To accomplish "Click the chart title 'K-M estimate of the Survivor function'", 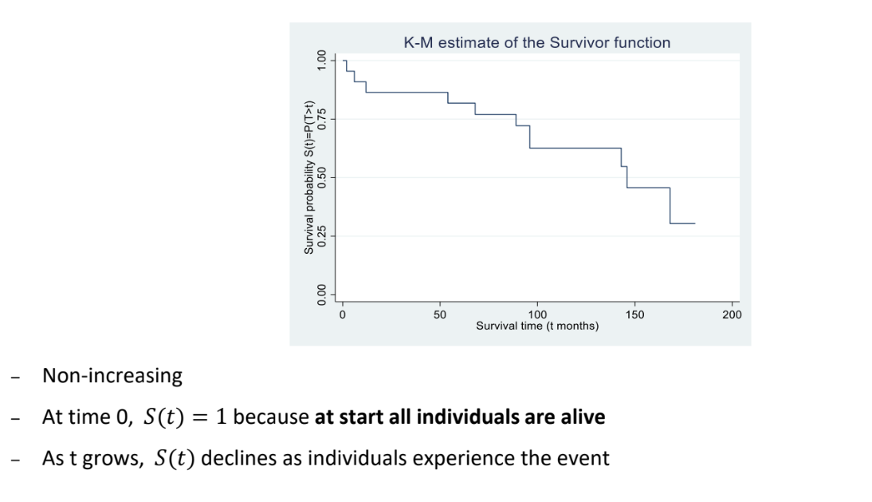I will (x=537, y=43).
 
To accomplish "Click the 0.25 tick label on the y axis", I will (x=322, y=236).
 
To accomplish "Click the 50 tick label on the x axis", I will (x=440, y=315).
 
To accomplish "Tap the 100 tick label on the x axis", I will (x=537, y=315).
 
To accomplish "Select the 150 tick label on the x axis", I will (x=634, y=315).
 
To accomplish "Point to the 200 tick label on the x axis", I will (x=732, y=315).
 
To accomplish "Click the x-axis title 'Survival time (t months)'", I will (x=537, y=326).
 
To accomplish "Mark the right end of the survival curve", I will (x=695, y=223).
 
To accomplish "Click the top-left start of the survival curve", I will (x=344, y=60).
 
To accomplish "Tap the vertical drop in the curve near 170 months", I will (x=670, y=206).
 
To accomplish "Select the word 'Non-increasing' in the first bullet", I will (x=112, y=377).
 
